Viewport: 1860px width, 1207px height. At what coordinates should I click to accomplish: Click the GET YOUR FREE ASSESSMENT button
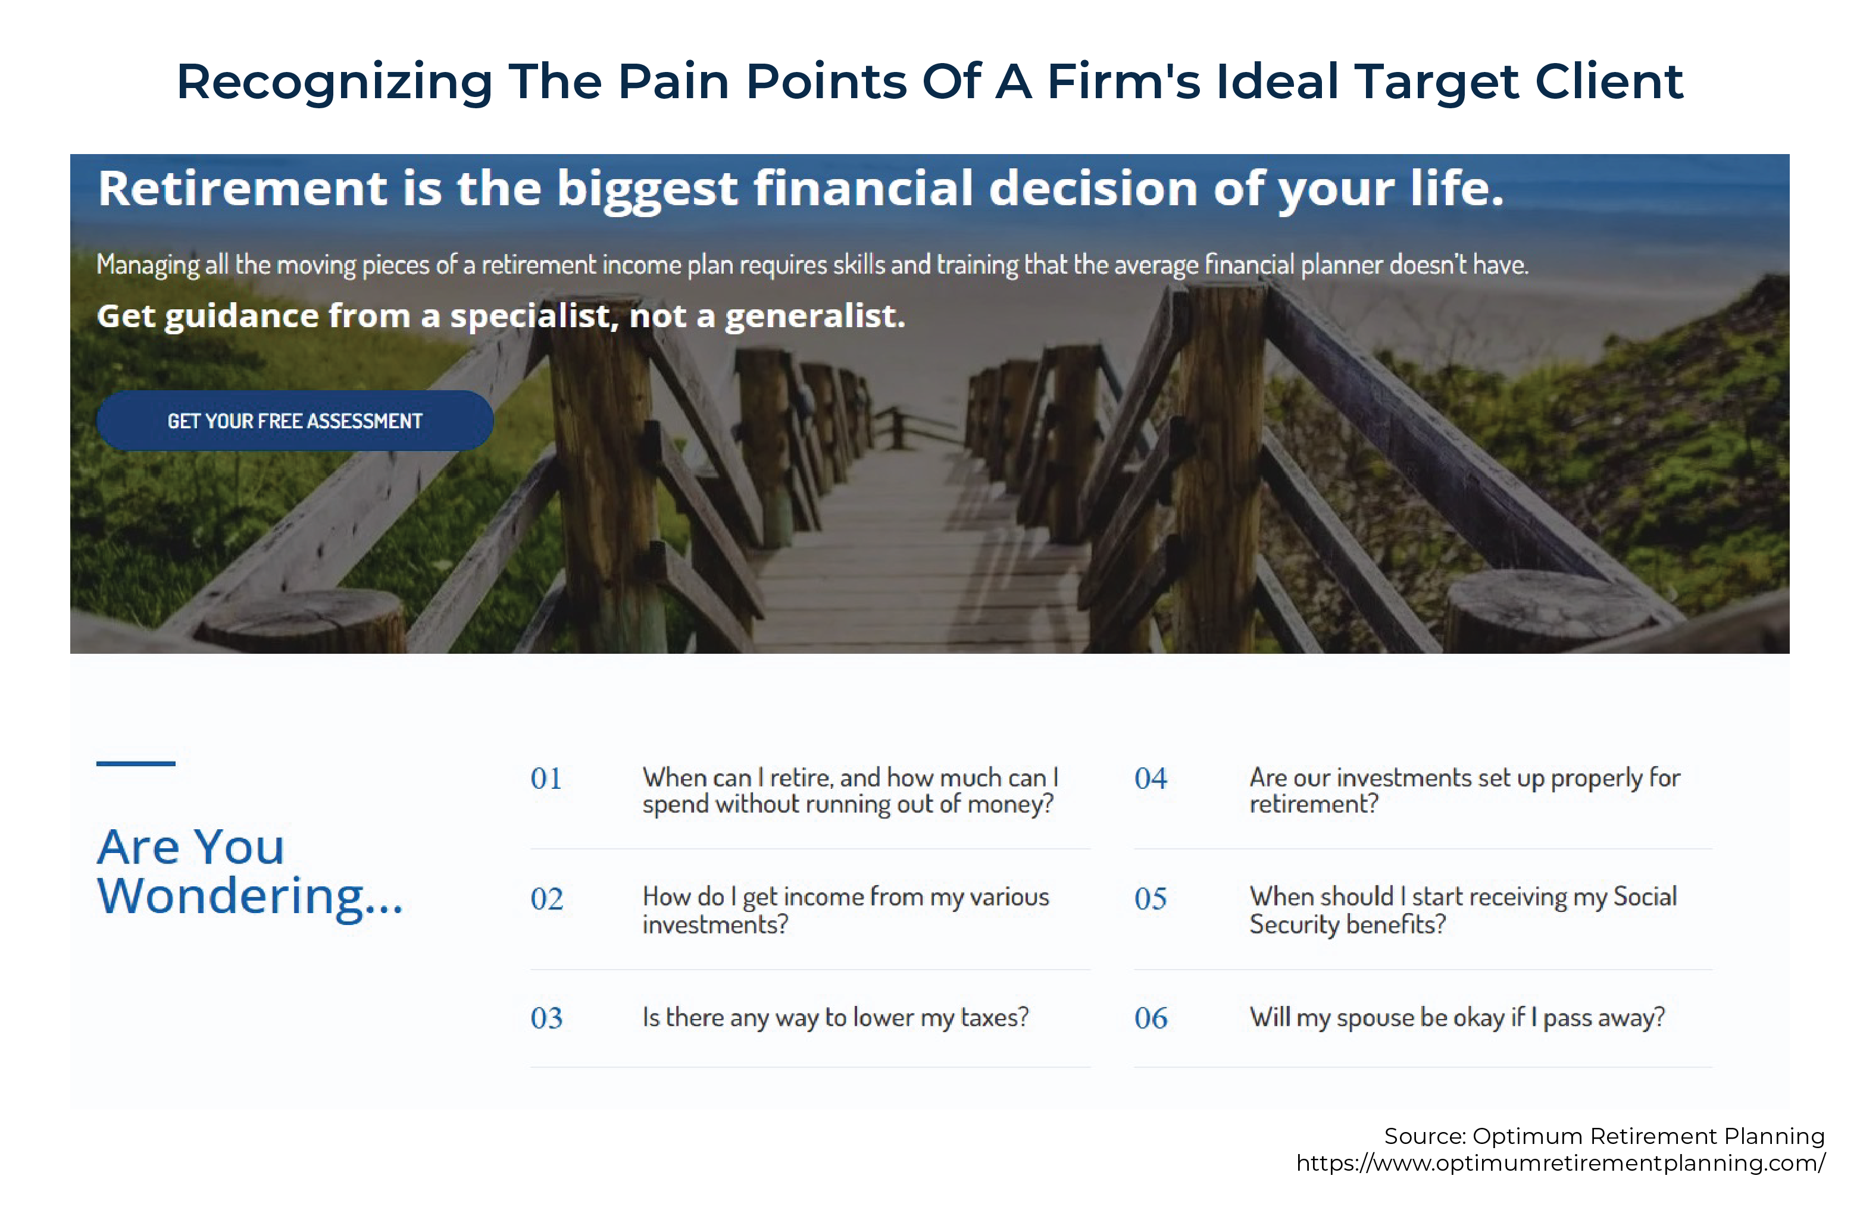[295, 421]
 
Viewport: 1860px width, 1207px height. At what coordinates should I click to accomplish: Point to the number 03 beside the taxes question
[547, 1018]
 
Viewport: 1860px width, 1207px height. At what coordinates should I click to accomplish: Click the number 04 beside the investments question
[1151, 779]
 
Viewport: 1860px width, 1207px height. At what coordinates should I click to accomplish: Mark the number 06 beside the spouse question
[1151, 1018]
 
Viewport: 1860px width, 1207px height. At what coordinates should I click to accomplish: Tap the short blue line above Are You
[136, 763]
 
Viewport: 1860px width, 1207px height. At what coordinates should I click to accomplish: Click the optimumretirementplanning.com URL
[1561, 1163]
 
